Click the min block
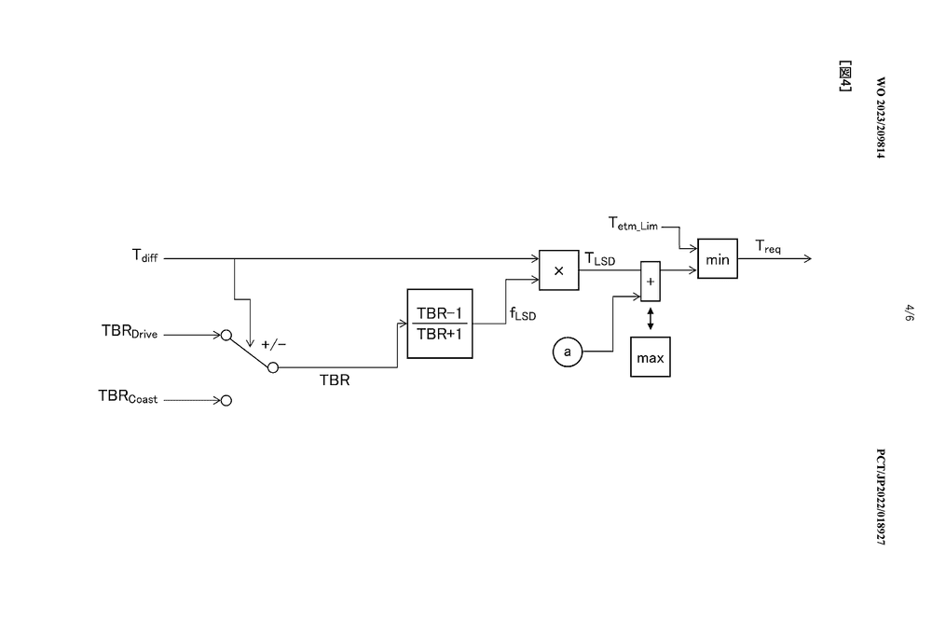tap(718, 259)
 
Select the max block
tap(650, 357)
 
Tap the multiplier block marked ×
tap(559, 270)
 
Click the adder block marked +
tap(651, 282)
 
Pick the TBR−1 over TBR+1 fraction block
tap(440, 324)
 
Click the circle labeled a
tap(567, 352)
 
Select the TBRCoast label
tap(129, 397)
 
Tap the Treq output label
tap(768, 246)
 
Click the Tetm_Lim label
tap(634, 223)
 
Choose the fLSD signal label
tap(522, 315)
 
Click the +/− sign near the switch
tap(274, 344)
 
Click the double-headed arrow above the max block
tap(650, 318)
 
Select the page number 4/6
tap(910, 311)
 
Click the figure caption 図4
tap(846, 76)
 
